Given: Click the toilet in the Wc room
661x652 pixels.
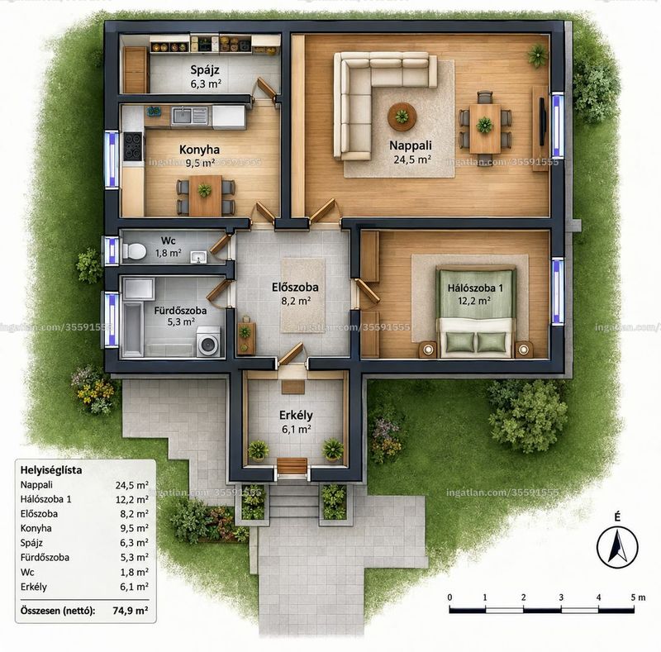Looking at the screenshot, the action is click(x=134, y=251).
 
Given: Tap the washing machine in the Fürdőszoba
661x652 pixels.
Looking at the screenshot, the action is click(x=208, y=341).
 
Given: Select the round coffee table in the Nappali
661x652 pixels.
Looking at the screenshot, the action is click(x=402, y=117).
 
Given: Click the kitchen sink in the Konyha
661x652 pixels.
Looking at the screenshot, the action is click(x=189, y=115).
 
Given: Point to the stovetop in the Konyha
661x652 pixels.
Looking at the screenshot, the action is click(x=133, y=146).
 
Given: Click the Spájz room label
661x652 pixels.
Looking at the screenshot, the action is click(x=204, y=69).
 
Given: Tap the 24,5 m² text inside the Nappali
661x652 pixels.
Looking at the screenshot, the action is click(x=412, y=159).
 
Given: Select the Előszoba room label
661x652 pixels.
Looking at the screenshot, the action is click(x=295, y=288).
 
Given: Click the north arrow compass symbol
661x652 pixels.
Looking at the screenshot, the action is click(x=617, y=547).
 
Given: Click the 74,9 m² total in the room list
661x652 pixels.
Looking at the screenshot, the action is click(x=131, y=610).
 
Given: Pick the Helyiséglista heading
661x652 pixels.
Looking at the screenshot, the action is click(x=51, y=470).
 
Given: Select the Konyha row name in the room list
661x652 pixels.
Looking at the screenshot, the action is click(x=36, y=528).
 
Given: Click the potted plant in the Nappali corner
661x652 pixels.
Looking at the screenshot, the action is click(x=537, y=55).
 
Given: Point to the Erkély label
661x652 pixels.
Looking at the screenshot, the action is click(x=296, y=415).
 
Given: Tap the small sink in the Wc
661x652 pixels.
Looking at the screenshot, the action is click(x=198, y=257).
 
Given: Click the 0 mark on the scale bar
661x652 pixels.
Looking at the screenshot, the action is click(x=449, y=597).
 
